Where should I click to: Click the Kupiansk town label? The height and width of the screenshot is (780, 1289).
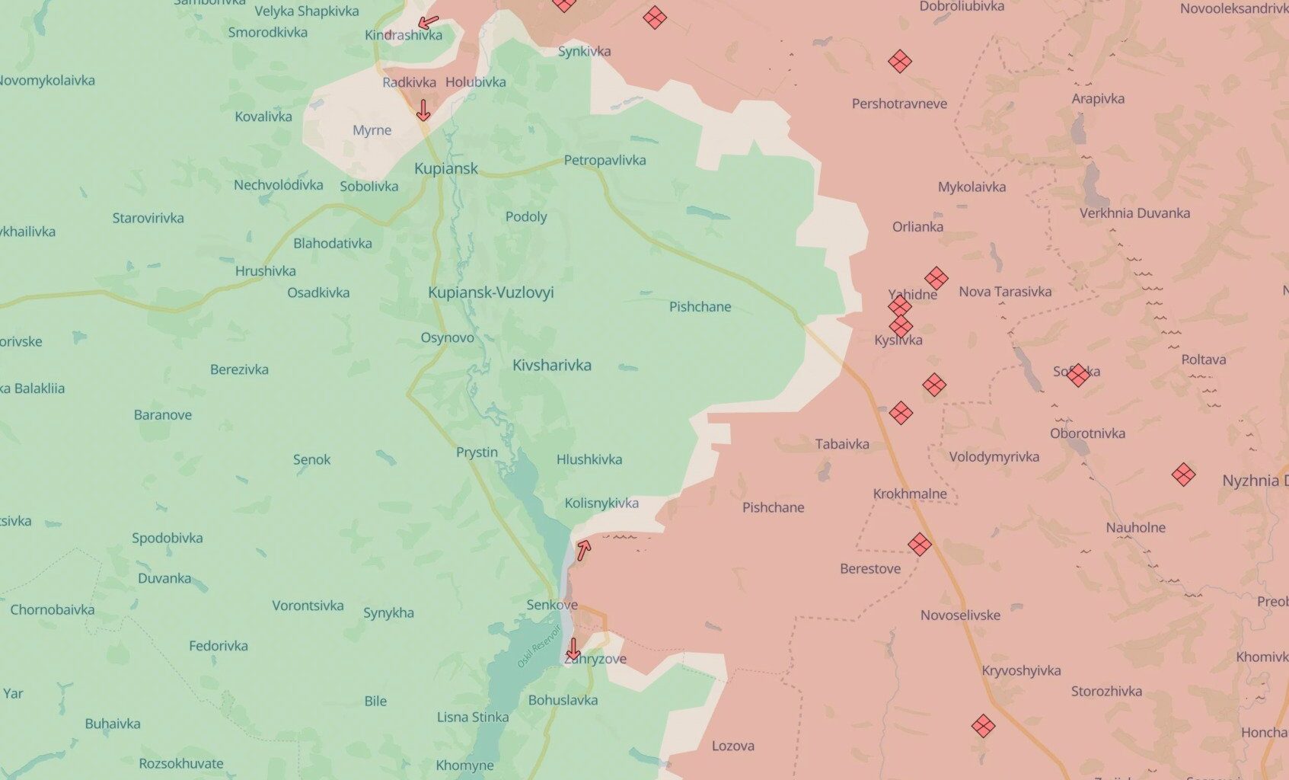click(x=445, y=168)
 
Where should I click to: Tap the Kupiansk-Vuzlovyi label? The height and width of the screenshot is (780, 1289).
click(x=490, y=292)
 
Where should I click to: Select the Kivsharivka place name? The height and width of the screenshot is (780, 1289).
click(x=551, y=365)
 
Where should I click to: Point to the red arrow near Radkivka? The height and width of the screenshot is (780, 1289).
click(x=423, y=111)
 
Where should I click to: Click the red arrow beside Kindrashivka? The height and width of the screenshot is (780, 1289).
click(x=429, y=22)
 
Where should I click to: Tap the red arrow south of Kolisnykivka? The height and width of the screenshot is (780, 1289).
click(x=583, y=550)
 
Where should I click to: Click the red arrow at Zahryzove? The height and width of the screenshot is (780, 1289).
click(x=573, y=649)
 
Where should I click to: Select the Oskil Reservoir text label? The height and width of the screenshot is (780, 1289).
click(x=538, y=647)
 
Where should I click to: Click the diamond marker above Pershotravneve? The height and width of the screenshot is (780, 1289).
click(x=900, y=61)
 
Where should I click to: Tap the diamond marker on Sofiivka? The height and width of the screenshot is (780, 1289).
click(x=1077, y=375)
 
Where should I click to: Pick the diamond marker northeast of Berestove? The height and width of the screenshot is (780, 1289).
click(x=919, y=544)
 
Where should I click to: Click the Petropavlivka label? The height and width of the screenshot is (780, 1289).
click(x=605, y=160)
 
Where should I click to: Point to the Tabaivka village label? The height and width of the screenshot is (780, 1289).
click(x=841, y=444)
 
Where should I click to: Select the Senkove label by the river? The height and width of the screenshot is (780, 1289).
click(x=551, y=605)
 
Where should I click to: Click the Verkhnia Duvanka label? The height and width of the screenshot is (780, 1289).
click(x=1134, y=213)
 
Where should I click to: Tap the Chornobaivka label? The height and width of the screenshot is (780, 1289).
click(x=52, y=609)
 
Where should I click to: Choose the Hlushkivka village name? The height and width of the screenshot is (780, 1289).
click(x=589, y=459)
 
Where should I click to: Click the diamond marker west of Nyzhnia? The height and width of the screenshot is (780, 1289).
click(x=1182, y=475)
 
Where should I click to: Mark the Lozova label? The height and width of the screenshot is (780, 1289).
click(x=732, y=746)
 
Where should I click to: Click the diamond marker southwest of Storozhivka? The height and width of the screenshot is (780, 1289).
click(x=983, y=726)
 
